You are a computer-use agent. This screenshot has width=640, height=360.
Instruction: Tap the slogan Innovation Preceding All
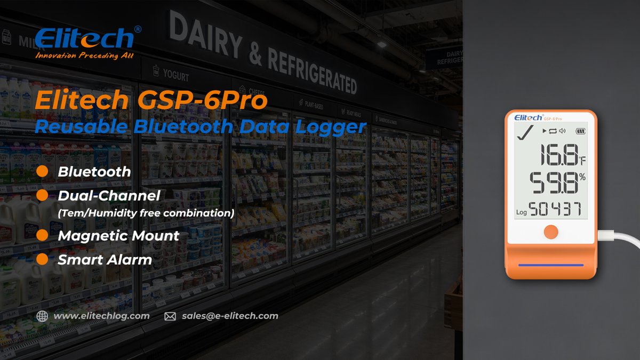[84, 55]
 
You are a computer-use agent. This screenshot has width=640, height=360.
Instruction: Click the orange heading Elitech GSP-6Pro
[150, 101]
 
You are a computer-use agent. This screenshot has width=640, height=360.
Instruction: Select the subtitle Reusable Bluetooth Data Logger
[201, 126]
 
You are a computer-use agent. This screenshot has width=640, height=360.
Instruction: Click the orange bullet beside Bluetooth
[43, 172]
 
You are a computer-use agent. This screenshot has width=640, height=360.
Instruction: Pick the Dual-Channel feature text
[109, 196]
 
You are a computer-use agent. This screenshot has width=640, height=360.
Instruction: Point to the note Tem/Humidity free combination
[146, 213]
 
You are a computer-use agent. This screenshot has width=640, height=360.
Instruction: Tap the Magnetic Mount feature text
[118, 235]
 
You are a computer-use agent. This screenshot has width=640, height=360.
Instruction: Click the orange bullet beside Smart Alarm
[43, 260]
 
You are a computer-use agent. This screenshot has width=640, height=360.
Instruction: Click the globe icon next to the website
[42, 316]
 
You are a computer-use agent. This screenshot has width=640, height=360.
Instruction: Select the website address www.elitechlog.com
[101, 316]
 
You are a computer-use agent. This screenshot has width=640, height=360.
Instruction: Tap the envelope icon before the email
[170, 316]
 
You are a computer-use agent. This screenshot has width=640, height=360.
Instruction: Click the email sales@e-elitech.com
[230, 316]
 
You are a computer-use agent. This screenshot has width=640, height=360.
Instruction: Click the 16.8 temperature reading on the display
[553, 156]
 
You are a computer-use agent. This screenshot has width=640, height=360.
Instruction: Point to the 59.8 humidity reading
[553, 183]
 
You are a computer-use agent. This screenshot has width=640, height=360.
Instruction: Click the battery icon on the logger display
[580, 131]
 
